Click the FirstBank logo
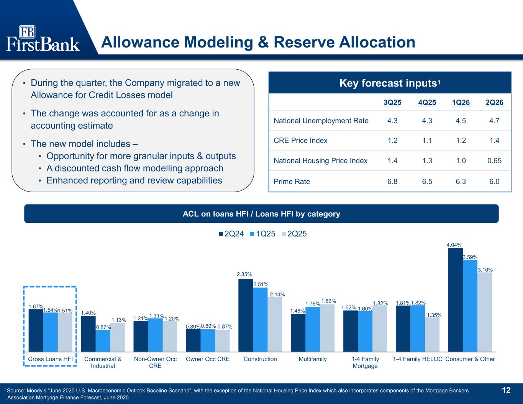43,38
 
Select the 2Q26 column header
494,103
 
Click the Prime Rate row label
292,181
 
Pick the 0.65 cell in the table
494,160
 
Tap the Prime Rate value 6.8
392,181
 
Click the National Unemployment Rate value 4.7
494,121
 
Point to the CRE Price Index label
300,140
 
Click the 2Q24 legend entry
231,234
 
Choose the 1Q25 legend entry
263,234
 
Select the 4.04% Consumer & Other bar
455,300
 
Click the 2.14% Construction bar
275,324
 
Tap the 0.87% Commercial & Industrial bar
103,341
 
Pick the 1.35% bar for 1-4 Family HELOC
432,335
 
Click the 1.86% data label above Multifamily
328,301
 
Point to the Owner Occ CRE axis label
208,359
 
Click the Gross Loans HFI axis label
50,359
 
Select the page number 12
506,390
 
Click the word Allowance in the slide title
140,42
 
